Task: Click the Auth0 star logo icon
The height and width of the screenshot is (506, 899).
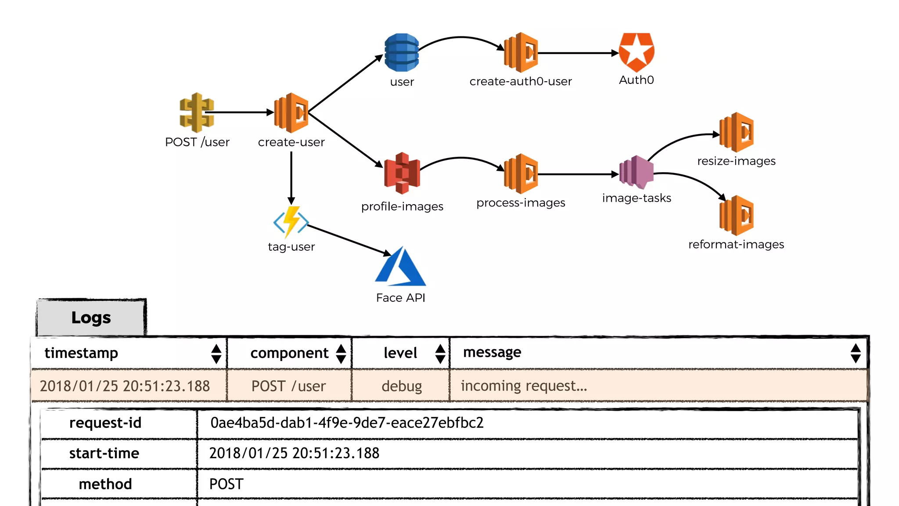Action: pos(636,52)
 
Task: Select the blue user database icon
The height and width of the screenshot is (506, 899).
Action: pos(401,52)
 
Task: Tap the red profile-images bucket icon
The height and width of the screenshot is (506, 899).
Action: pos(402,173)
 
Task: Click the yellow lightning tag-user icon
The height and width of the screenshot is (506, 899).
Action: pos(291,221)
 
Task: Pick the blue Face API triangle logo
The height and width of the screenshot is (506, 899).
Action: pos(400,267)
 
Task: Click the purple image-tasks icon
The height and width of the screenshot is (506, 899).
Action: pos(636,172)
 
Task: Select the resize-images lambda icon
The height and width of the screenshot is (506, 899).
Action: pos(737,132)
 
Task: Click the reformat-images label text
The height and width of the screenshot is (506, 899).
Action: pos(736,244)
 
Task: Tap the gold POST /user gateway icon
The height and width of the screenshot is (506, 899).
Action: pos(197,112)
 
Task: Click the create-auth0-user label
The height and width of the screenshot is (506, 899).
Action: pos(521,81)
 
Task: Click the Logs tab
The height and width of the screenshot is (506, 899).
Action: pos(91,318)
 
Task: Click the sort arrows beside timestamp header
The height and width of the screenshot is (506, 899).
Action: pos(216,354)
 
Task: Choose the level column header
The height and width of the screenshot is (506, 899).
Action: pos(400,353)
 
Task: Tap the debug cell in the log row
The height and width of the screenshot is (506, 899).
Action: pos(401,386)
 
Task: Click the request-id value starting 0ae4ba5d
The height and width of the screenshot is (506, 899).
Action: pos(347,423)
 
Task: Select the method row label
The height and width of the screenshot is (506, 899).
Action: pos(105,484)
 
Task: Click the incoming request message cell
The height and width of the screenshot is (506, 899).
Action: pos(524,386)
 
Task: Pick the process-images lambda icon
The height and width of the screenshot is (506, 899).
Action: pos(521,174)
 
